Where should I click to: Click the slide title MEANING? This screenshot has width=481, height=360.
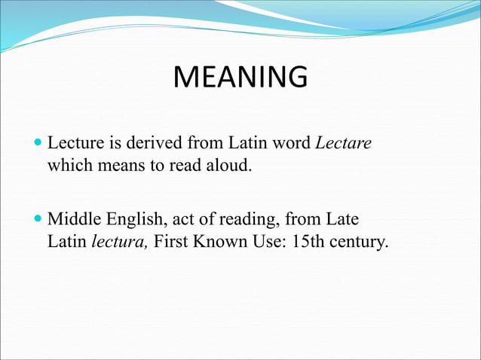tap(240, 78)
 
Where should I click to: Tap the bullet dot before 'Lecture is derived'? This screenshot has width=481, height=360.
tap(39, 142)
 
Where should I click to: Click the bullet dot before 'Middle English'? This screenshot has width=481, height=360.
tap(39, 220)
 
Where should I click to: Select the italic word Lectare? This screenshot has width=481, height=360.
tap(343, 142)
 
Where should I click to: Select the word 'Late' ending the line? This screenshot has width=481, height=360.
tap(342, 220)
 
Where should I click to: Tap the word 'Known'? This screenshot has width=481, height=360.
tap(219, 243)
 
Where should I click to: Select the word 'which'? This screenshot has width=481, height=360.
tap(68, 165)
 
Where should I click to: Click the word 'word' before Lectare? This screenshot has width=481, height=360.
tap(293, 142)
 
